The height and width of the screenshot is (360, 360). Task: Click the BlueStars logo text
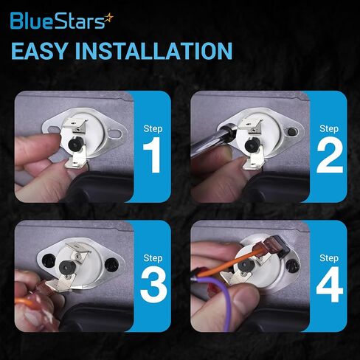coord(58,21)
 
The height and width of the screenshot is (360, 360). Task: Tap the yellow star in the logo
coord(108,18)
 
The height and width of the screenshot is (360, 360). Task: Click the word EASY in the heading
coord(39,51)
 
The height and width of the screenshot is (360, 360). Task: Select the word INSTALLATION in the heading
coord(153,51)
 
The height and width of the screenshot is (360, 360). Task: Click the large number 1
coord(152,155)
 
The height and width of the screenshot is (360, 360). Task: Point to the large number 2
coord(330,155)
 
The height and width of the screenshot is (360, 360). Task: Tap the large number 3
coord(153,285)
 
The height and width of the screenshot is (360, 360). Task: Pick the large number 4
coord(330,285)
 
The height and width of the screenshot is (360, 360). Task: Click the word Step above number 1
coord(153,128)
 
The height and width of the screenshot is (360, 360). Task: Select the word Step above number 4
coord(329,258)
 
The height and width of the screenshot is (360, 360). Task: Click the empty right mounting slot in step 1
coord(115,134)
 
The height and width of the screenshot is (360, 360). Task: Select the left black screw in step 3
coord(49,261)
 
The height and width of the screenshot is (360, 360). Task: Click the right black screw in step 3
coord(111,264)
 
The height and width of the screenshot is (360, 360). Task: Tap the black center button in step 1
coord(75,144)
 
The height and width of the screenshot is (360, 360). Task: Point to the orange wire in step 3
coord(24,300)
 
